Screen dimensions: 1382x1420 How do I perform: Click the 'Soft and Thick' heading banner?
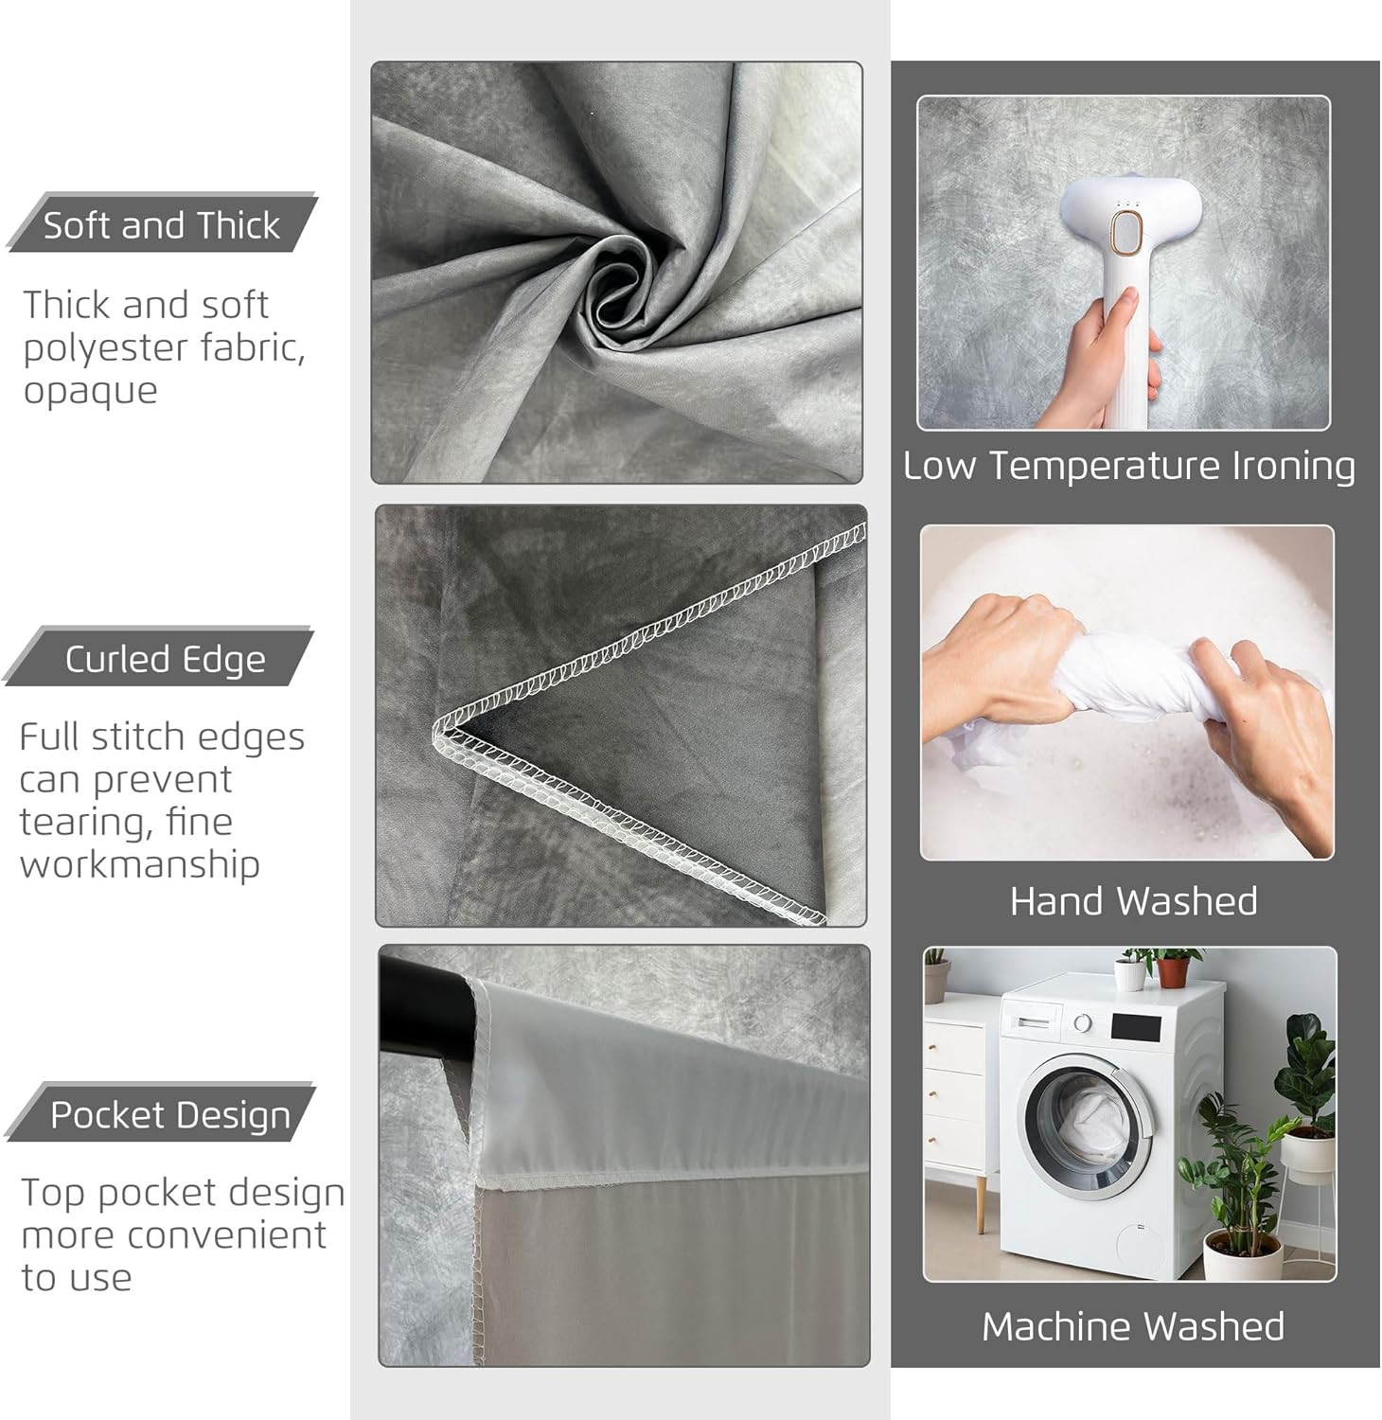(x=162, y=223)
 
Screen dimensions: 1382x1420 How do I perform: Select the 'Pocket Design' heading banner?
(x=160, y=1113)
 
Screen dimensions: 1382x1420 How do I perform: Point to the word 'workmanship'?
(x=140, y=864)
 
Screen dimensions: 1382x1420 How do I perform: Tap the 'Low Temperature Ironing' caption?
(x=1128, y=466)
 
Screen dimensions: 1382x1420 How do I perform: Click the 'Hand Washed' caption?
(x=1133, y=901)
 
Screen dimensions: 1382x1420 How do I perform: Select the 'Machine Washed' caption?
(x=1133, y=1326)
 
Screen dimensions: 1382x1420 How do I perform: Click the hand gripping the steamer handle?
(x=1098, y=360)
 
